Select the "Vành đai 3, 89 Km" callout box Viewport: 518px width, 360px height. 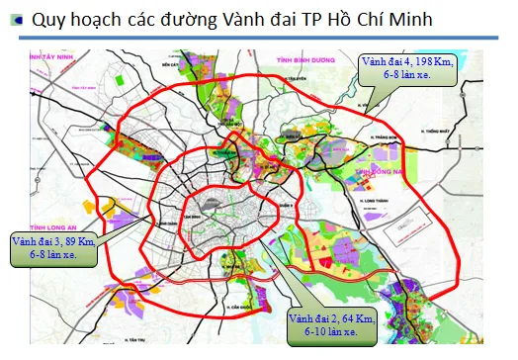point(54,247)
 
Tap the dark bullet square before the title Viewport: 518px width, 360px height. point(12,19)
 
